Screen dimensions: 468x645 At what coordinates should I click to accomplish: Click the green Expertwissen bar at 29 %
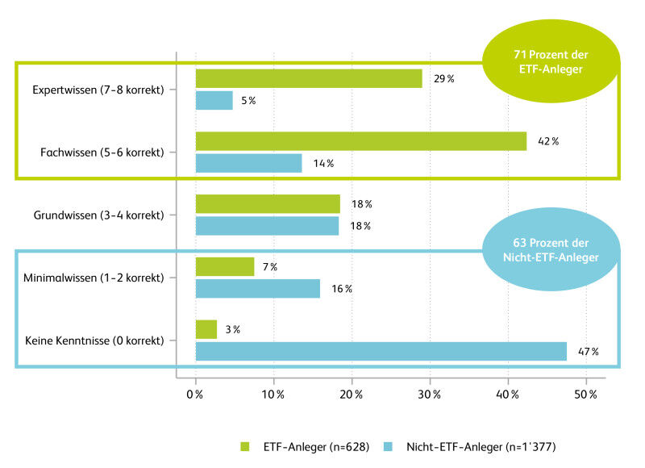click(x=309, y=78)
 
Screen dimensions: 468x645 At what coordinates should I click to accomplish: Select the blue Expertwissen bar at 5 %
click(x=214, y=100)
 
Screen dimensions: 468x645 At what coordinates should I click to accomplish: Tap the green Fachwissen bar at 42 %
click(x=361, y=141)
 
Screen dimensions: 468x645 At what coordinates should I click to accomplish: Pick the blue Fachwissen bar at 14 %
click(x=249, y=163)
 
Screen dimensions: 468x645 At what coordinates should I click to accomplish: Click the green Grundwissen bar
click(x=268, y=203)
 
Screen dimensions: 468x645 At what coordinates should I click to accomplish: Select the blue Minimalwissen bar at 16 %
click(x=258, y=288)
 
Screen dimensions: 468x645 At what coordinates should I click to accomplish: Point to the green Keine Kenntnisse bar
click(x=206, y=329)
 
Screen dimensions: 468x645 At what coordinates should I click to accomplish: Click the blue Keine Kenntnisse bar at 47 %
click(x=381, y=351)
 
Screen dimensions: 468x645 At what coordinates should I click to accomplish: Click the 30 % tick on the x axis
click(x=431, y=395)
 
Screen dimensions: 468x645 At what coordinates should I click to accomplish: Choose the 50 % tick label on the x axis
click(x=586, y=395)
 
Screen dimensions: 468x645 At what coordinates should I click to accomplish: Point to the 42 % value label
click(x=548, y=141)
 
